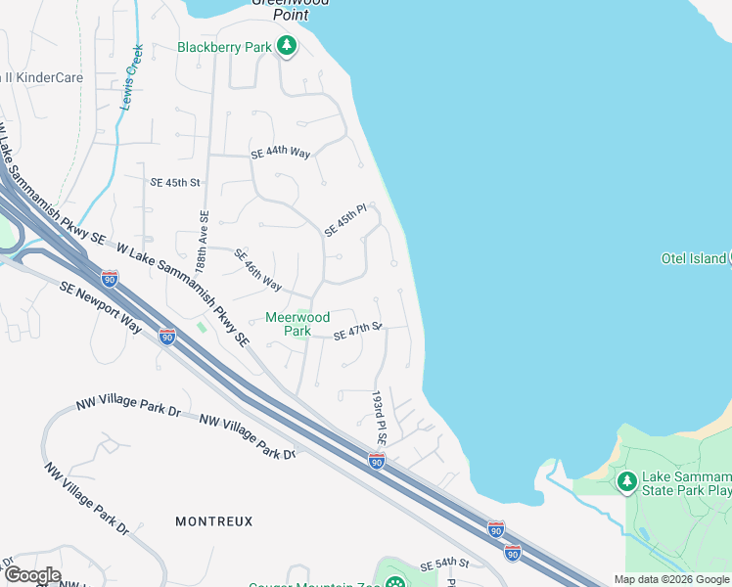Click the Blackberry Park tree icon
[x=286, y=46]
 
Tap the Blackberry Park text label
[x=225, y=47]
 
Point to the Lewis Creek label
[x=130, y=76]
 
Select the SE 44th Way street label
[x=280, y=154]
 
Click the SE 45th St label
[x=175, y=183]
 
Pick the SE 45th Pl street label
[x=344, y=220]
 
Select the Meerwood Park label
[x=297, y=324]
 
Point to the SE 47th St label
[x=356, y=332]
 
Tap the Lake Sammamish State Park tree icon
[x=626, y=480]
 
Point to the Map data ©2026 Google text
[x=670, y=579]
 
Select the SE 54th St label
[x=445, y=566]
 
